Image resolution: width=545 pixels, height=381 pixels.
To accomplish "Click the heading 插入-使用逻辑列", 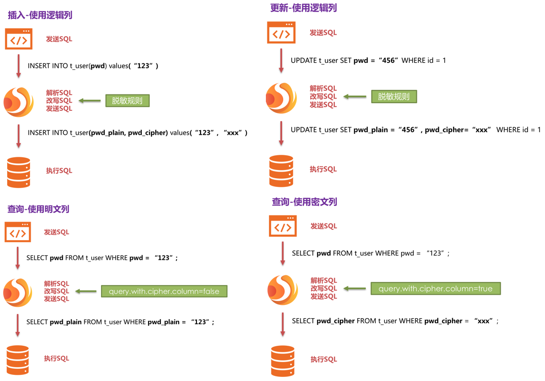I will coord(40,15).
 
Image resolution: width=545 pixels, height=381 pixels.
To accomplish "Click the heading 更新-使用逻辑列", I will coord(303,8).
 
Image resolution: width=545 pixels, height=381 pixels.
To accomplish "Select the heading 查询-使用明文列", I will coord(38,209).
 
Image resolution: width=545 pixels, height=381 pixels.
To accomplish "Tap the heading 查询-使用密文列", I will coord(304,202).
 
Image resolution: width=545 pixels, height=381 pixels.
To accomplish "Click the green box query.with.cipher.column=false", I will coord(164,291).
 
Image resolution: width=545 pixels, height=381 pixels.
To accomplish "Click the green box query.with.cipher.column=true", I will coord(435,289).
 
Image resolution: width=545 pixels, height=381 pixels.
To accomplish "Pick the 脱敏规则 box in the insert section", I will coord(128,101).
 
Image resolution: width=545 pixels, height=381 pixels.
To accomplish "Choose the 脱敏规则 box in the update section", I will coord(393,97).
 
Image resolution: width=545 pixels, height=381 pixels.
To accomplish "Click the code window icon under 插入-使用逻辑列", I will coord(19,39).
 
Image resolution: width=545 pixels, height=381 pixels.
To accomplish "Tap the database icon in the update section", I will coord(281,171).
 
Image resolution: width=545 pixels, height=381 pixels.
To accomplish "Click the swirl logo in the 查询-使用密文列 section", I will coord(282,290).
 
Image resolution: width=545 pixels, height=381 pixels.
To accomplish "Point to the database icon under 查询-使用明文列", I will coord(18,360).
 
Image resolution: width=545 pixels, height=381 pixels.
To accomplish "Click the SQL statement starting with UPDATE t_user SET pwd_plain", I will coord(415,130).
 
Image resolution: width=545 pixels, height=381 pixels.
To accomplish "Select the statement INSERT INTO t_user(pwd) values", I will coord(93,66).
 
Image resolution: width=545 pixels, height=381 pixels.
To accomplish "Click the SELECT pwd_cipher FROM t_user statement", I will coord(395,321).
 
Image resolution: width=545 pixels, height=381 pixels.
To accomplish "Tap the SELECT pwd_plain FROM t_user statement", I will coord(120,322).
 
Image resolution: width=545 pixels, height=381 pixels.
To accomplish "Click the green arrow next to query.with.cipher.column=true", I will coord(355,289).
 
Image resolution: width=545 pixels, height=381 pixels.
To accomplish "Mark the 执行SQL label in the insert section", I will coord(59,171).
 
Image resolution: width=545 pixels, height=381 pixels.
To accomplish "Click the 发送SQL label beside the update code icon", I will coord(323,33).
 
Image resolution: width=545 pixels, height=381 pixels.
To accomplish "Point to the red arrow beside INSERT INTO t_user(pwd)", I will coord(19,66).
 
